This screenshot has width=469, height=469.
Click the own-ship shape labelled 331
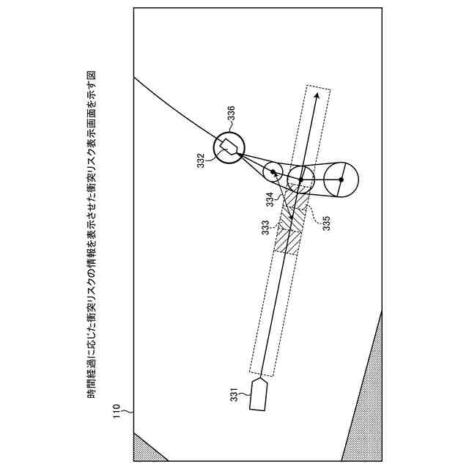point(259,394)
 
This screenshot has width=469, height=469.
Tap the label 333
point(266,229)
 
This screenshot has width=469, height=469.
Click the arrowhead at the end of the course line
point(316,95)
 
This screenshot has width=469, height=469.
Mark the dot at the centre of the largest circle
point(341,180)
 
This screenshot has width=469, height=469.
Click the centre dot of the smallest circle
point(273,172)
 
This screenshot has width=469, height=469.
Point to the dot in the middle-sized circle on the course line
point(300,178)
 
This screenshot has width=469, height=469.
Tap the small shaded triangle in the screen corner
point(145,447)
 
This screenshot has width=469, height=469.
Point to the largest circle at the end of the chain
point(341,180)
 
